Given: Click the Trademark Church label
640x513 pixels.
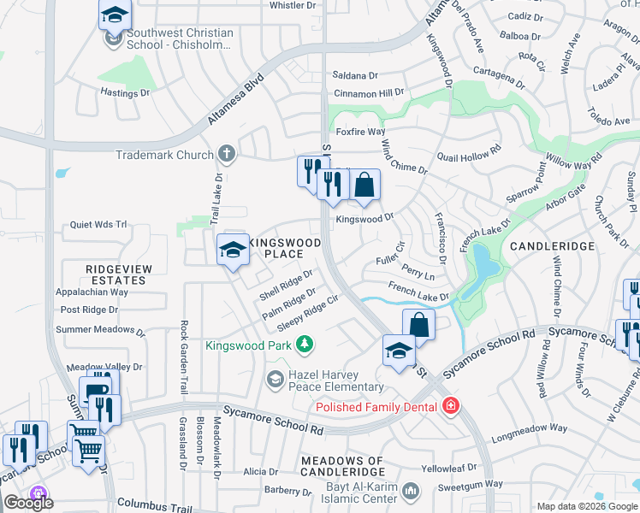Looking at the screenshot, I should click(164, 155).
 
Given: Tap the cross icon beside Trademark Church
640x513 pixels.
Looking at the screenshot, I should click(227, 155).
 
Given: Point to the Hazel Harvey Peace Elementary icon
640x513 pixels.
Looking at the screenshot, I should click(276, 379).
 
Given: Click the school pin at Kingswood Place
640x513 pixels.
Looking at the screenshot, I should click(233, 251).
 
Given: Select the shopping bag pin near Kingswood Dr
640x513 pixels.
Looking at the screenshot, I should click(364, 186).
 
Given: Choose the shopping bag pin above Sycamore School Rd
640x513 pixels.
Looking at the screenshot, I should click(418, 326).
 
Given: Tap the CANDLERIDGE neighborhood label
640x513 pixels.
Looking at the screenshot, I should click(552, 246).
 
